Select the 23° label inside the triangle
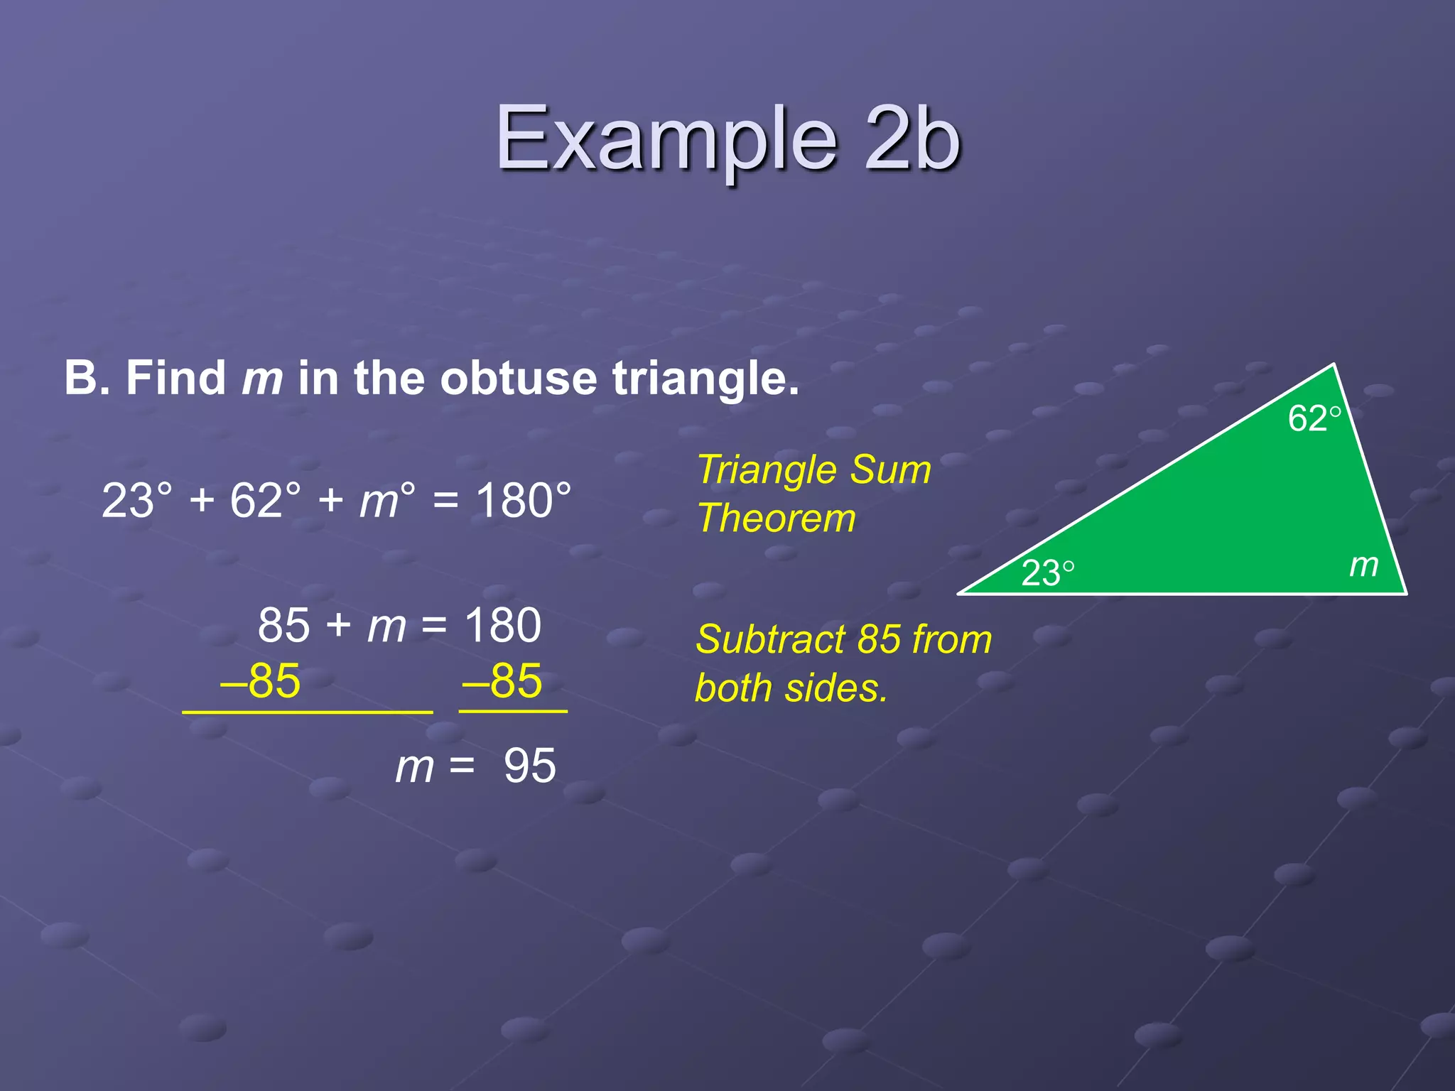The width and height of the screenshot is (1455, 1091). (1047, 573)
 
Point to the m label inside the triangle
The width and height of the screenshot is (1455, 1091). (1363, 565)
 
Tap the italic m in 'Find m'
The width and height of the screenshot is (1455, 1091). (262, 378)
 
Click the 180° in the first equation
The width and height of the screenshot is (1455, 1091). (523, 501)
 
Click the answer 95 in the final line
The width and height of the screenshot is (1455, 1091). (529, 766)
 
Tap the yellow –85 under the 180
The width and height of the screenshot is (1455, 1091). (503, 681)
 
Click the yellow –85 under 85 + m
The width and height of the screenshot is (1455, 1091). (261, 681)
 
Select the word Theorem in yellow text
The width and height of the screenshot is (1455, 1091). (777, 518)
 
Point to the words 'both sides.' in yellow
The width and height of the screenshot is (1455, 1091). (791, 688)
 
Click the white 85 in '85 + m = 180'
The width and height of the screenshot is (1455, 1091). (283, 626)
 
